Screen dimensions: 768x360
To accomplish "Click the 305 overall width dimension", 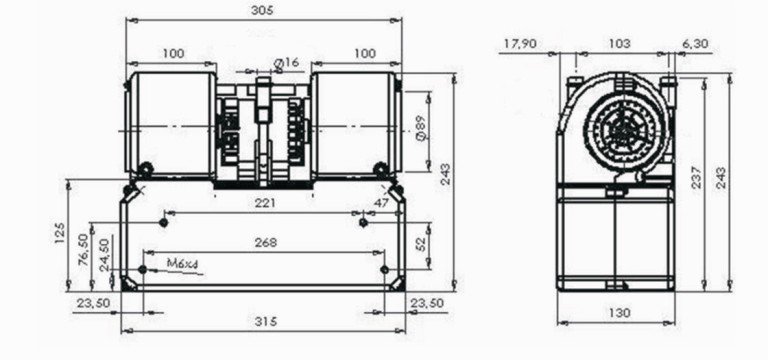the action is pyautogui.click(x=262, y=10).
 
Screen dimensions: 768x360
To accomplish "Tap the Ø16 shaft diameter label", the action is pyautogui.click(x=286, y=63).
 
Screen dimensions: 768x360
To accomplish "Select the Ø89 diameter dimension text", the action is pyautogui.click(x=420, y=131).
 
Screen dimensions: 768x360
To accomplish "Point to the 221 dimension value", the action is pyautogui.click(x=265, y=203).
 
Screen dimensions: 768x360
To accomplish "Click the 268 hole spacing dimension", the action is pyautogui.click(x=266, y=242).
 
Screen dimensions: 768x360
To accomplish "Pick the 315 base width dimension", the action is pyautogui.click(x=266, y=321).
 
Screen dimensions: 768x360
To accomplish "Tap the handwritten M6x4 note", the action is pyautogui.click(x=182, y=264).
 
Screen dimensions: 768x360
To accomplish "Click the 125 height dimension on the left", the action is pyautogui.click(x=59, y=233).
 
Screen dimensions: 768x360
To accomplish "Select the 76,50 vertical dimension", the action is pyautogui.click(x=83, y=249).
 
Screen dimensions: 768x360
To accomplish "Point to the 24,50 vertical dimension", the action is pyautogui.click(x=104, y=255).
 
